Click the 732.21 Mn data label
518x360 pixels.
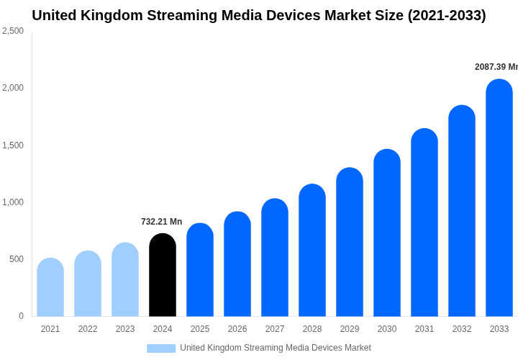(161, 222)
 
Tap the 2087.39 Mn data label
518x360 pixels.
(496, 67)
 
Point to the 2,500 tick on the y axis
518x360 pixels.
(12, 31)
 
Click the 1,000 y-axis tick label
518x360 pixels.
(12, 202)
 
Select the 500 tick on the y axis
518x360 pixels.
(16, 259)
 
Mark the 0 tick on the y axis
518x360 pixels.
(21, 316)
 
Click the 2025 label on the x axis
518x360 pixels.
(200, 329)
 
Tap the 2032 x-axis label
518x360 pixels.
(462, 329)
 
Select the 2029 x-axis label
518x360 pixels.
(350, 329)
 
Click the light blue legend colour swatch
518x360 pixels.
(161, 348)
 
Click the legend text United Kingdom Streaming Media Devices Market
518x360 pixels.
(276, 348)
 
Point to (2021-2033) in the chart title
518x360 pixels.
(447, 15)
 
